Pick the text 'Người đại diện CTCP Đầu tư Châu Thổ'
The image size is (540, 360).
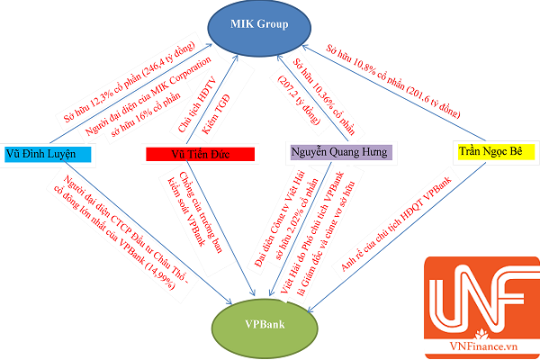coord(80,223)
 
